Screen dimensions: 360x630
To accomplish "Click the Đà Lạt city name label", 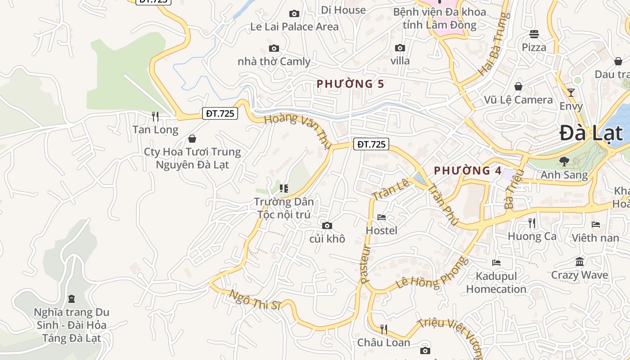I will [591, 134].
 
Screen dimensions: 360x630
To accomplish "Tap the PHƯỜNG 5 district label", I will [351, 84].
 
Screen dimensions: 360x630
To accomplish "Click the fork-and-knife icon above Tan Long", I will [155, 117].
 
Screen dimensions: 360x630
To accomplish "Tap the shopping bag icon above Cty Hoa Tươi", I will [192, 139].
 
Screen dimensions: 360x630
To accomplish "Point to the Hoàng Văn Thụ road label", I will [297, 130].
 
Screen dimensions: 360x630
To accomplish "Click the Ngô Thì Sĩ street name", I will [255, 300].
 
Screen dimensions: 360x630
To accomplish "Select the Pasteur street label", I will [365, 264].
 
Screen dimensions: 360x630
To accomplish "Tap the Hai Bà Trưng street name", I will [495, 44].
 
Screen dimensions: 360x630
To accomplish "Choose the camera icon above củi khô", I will [327, 225].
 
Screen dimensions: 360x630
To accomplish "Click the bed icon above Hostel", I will [382, 217].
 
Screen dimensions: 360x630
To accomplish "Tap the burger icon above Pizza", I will [534, 34].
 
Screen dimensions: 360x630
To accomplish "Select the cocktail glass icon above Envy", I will [571, 93].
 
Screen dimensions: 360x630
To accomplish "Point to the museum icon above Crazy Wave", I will [580, 261].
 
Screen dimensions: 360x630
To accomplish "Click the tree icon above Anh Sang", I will [564, 161].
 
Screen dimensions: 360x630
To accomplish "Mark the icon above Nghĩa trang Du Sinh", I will [71, 298].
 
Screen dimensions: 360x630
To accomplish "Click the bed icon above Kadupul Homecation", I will [496, 262].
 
